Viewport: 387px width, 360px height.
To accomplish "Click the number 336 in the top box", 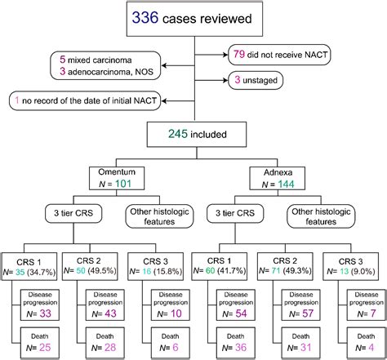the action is [x=145, y=17].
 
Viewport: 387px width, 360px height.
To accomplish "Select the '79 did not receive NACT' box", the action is [x=279, y=55].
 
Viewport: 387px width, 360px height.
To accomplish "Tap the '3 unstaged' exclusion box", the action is [x=256, y=80].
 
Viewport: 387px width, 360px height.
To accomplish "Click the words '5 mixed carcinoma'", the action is [x=96, y=60].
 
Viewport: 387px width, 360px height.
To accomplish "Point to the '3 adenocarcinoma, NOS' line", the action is [x=106, y=72].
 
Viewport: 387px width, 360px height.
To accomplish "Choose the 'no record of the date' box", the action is [x=85, y=100].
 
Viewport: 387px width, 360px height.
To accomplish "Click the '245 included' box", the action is [x=197, y=135].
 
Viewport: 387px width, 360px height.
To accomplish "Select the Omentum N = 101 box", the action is [x=117, y=178].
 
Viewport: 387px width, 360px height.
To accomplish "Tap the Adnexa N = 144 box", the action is [x=278, y=178].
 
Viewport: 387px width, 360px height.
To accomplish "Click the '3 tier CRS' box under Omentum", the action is [x=73, y=213].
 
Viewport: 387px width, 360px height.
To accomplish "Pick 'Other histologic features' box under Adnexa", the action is [x=321, y=216].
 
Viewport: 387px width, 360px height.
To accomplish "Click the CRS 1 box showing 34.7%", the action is [x=29, y=266].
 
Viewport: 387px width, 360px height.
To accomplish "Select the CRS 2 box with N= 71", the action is [x=285, y=266].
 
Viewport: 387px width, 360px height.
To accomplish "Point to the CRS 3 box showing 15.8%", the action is [x=156, y=266].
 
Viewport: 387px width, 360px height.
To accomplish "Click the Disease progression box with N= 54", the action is [x=236, y=305].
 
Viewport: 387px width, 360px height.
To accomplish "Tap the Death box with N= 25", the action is [x=40, y=343].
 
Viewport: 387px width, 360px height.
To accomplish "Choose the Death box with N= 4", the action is [x=366, y=343].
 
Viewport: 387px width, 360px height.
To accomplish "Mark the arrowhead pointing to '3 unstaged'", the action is [x=225, y=80].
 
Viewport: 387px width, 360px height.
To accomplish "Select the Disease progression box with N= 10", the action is [x=171, y=305].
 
